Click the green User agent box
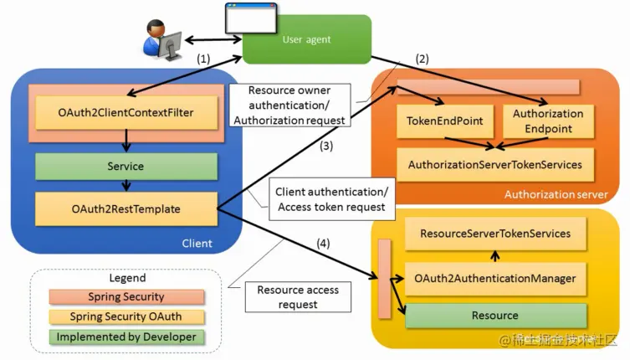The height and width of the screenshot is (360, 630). [x=307, y=39]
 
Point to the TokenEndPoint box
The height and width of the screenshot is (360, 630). [x=444, y=121]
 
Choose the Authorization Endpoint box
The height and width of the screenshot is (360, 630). [x=548, y=121]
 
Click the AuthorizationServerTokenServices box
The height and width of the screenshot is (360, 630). [x=494, y=165]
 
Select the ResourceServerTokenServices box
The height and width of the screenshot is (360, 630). [x=495, y=234]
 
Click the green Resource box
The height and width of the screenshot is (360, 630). [x=495, y=316]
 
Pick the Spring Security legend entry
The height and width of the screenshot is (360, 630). [x=126, y=297]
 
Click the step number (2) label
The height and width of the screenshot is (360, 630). [x=422, y=59]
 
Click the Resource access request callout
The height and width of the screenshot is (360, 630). [x=298, y=297]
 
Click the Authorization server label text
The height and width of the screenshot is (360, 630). [x=556, y=194]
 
